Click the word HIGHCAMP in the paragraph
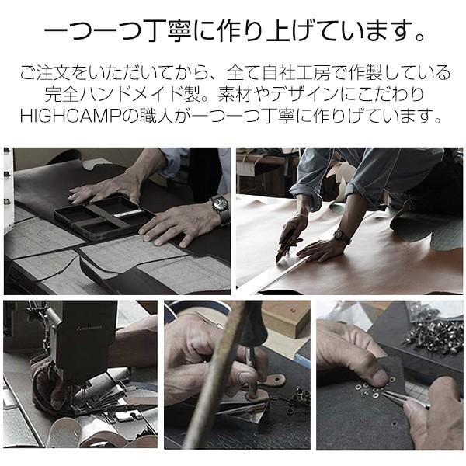(x=71, y=116)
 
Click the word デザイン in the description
(x=306, y=95)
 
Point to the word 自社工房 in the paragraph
(x=296, y=73)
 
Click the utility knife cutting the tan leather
(x=284, y=245)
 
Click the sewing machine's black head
(x=86, y=339)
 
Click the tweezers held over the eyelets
(x=404, y=397)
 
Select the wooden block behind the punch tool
(x=285, y=318)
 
